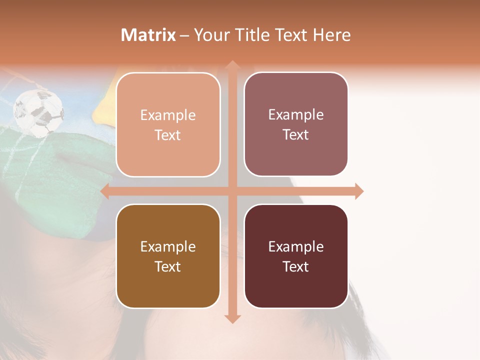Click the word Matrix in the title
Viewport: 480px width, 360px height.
click(x=148, y=35)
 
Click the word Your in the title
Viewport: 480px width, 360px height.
click(x=211, y=35)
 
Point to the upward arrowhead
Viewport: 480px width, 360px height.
click(x=232, y=64)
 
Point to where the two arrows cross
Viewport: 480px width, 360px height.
click(x=232, y=191)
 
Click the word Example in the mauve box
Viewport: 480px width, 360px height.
click(x=296, y=115)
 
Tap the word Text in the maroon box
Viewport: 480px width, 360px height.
click(x=296, y=266)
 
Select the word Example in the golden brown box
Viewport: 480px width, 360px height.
click(x=168, y=246)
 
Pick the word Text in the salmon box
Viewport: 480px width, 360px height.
click(x=168, y=135)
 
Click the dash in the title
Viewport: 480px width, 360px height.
click(x=184, y=35)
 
